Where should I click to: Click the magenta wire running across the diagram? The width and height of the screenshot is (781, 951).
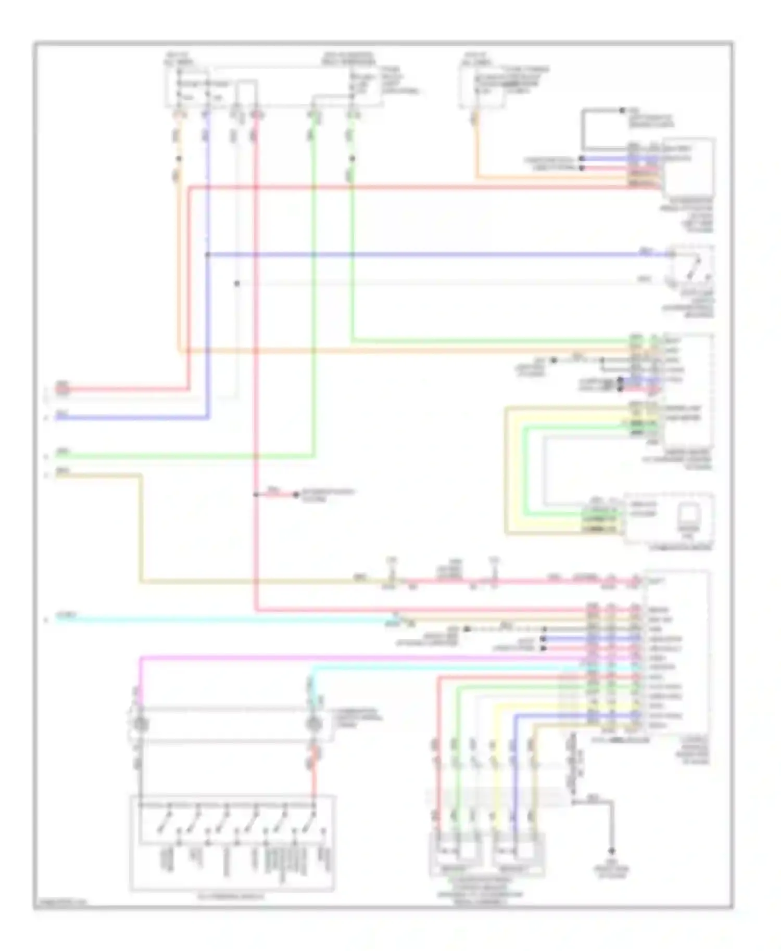click(x=364, y=658)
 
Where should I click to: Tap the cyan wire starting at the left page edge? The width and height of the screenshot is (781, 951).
click(x=208, y=620)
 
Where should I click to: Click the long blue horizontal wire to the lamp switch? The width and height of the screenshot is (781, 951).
click(x=417, y=254)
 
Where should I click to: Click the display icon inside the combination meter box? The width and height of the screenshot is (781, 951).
click(x=689, y=515)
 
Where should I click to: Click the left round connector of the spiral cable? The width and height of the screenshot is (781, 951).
click(x=141, y=724)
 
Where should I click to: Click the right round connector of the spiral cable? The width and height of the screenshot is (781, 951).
click(x=313, y=724)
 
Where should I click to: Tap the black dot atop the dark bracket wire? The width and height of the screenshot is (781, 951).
click(x=622, y=110)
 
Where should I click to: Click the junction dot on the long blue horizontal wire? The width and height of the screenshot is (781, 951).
click(x=208, y=254)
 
